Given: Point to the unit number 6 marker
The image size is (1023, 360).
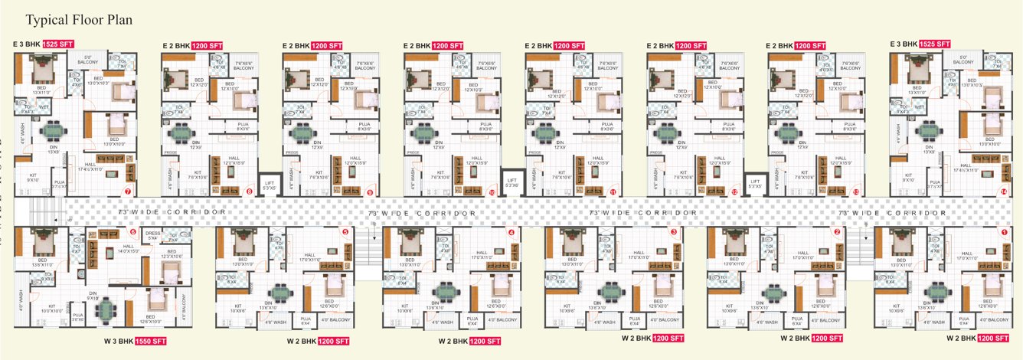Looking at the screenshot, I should pyautogui.click(x=132, y=231).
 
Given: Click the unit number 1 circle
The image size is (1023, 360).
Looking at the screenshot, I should pyautogui.click(x=1004, y=231).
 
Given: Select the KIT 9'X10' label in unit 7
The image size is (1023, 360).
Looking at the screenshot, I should pyautogui.click(x=33, y=178).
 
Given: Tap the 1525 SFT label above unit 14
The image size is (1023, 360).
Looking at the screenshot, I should pyautogui.click(x=931, y=44).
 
